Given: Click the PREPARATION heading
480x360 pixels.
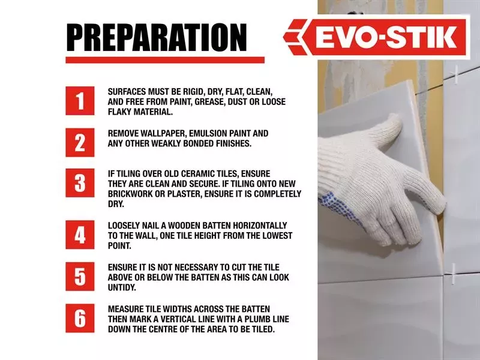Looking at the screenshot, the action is (157, 37).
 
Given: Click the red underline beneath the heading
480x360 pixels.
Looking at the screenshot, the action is (165, 60).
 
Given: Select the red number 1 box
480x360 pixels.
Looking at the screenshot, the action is (80, 101).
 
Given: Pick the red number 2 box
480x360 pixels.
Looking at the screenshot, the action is (80, 142).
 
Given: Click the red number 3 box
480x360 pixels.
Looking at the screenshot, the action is (80, 183).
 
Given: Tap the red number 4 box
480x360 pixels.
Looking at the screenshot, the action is (80, 235).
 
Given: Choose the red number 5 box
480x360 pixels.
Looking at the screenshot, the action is (80, 277).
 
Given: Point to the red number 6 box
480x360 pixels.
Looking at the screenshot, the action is (80, 318).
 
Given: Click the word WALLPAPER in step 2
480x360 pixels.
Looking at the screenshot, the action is (163, 133).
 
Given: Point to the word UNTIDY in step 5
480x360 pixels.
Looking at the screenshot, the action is (122, 287).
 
